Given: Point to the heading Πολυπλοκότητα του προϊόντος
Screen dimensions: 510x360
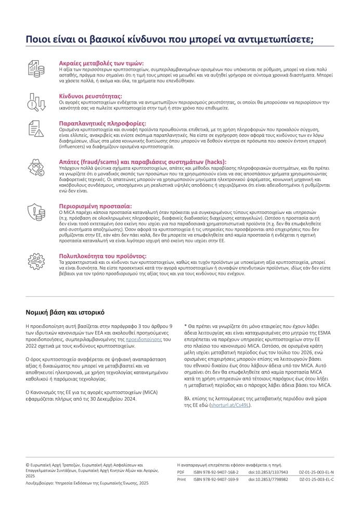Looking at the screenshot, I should (102, 256).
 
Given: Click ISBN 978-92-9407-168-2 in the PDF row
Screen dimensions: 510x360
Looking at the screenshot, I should (212, 472).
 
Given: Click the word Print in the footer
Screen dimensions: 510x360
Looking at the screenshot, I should (182, 479).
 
